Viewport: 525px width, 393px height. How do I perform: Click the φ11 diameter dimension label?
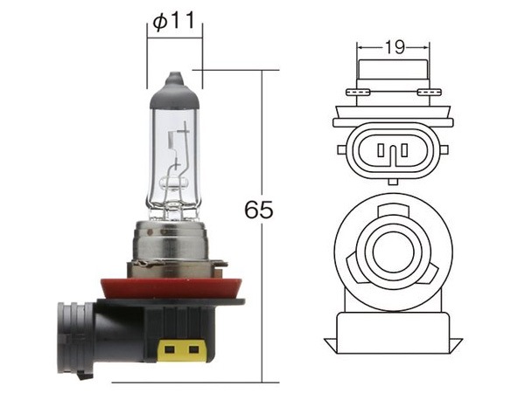point(173,22)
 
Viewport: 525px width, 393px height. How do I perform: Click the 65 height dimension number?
point(258,210)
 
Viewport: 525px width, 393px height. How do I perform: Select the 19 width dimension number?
point(395,47)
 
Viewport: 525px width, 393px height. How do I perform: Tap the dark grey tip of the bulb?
point(175,91)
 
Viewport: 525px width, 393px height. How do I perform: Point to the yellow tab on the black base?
point(181,350)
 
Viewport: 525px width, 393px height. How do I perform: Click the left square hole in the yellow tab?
point(170,350)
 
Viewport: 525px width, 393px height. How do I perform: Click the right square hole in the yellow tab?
point(193,350)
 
